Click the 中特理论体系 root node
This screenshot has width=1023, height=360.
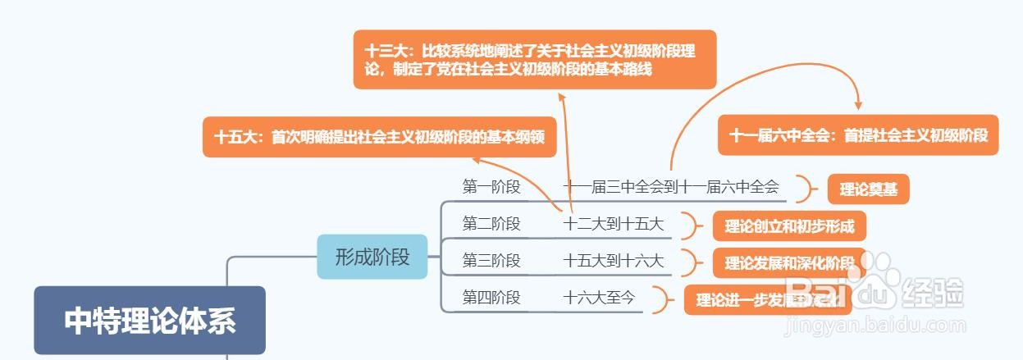[x=149, y=320]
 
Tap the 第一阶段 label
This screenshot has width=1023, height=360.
[x=491, y=187]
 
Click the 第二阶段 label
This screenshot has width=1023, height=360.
[x=491, y=223]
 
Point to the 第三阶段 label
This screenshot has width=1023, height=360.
[x=491, y=261]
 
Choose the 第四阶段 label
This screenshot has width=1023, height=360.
[x=491, y=298]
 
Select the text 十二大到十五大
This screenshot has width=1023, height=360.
[x=614, y=223]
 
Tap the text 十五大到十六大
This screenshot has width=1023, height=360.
[x=614, y=261]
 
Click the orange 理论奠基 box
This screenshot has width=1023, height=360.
[x=868, y=189]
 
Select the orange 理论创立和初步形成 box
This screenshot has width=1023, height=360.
[x=788, y=226]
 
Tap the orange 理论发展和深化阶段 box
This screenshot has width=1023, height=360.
[x=788, y=262]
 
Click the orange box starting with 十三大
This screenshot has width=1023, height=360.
[x=535, y=59]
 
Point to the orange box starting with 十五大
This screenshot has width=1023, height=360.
[x=379, y=137]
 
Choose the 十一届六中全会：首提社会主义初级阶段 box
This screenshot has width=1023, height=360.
[x=858, y=135]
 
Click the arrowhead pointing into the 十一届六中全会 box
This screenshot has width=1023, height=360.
[x=858, y=106]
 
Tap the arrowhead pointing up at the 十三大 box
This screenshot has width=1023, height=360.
[x=563, y=96]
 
